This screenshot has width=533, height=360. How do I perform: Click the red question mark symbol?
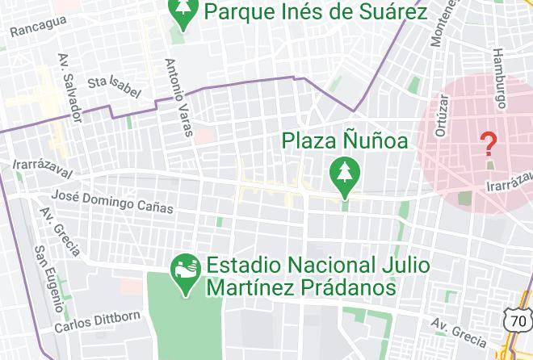(488, 145)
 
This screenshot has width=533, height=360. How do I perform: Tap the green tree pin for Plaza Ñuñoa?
(345, 174)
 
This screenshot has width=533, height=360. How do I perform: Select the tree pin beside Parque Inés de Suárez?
(184, 12)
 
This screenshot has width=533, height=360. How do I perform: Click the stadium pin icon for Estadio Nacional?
(186, 275)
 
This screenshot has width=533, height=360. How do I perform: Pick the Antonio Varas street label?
(179, 97)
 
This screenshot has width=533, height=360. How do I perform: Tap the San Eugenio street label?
(48, 278)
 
